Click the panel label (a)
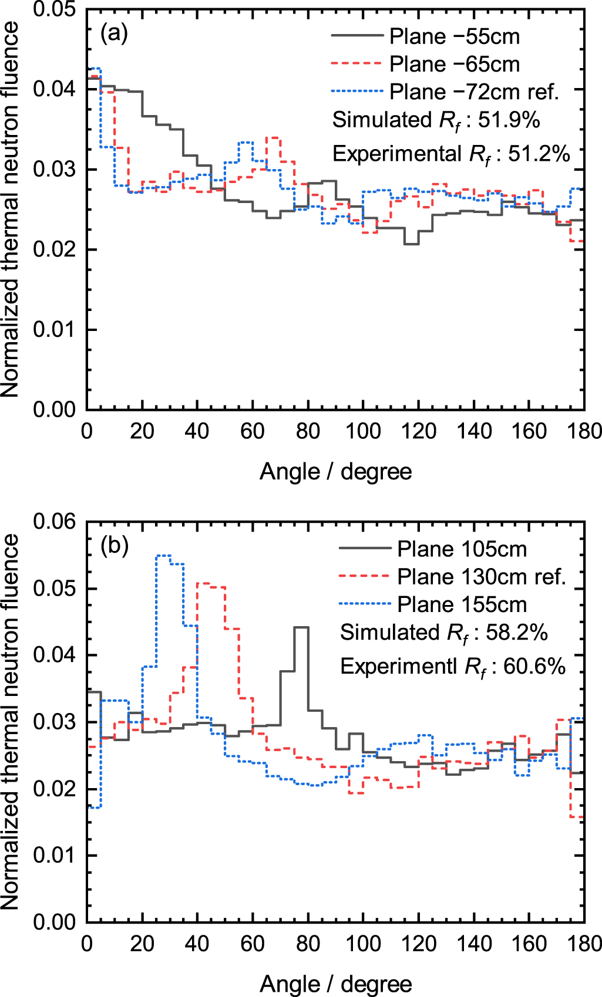(x=114, y=33)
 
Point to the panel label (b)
(x=114, y=546)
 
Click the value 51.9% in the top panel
(x=509, y=120)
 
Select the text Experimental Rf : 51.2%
(x=451, y=154)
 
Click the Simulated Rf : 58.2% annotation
(x=443, y=633)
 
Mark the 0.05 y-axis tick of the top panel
(x=54, y=9)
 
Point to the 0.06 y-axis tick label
(x=54, y=521)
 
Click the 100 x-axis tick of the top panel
(x=363, y=431)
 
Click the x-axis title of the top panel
(x=335, y=472)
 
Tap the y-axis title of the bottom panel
(x=11, y=722)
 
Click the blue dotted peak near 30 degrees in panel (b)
(x=163, y=555)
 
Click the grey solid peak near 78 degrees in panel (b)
(x=301, y=627)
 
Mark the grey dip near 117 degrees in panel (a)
(x=411, y=244)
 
